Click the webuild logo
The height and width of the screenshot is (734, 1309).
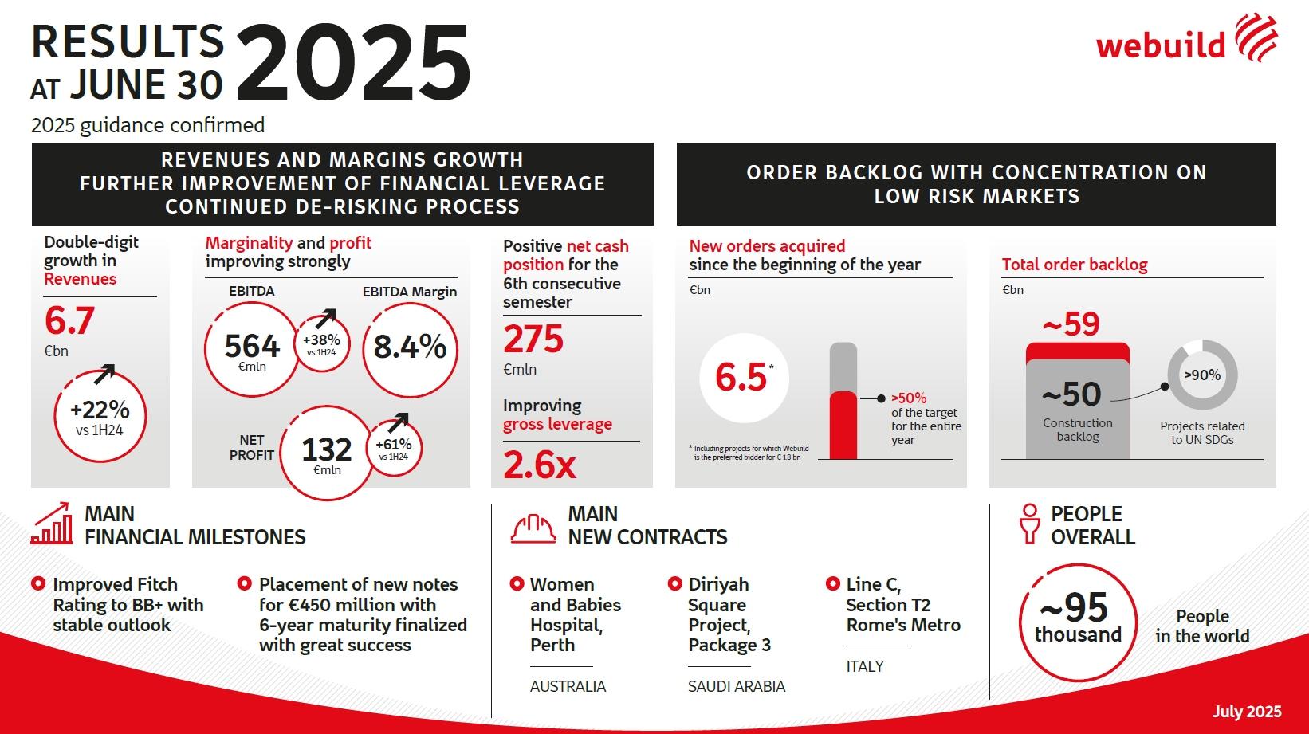(1186, 40)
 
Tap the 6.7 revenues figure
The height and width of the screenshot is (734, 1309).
(69, 320)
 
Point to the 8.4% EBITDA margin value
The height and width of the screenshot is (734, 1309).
(410, 347)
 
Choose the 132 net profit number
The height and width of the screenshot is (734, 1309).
(327, 451)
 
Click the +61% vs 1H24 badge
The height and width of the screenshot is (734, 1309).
(394, 448)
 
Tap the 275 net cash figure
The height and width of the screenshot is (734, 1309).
(533, 340)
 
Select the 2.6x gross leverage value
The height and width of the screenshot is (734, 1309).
(540, 465)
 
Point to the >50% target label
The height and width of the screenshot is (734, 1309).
(909, 398)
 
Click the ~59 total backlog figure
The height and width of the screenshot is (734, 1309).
(1071, 324)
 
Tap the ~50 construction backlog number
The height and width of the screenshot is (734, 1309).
(1071, 394)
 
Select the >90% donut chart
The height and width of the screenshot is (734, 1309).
(1202, 375)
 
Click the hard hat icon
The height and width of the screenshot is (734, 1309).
(533, 528)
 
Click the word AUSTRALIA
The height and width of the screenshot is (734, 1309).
(568, 686)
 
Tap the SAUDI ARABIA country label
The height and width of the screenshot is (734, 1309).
(737, 686)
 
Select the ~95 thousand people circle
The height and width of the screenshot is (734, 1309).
(1078, 622)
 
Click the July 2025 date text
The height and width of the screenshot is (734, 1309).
(1247, 712)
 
